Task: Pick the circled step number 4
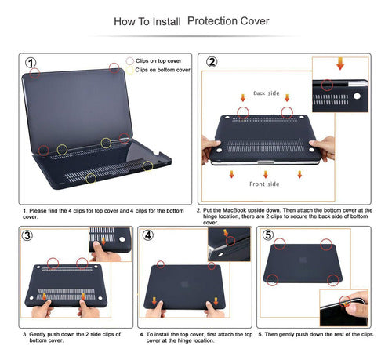pos(149,235)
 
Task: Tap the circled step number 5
pos(269,235)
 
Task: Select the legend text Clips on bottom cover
pos(163,71)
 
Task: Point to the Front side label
pos(264,184)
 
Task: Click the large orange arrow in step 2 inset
pos(339,62)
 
